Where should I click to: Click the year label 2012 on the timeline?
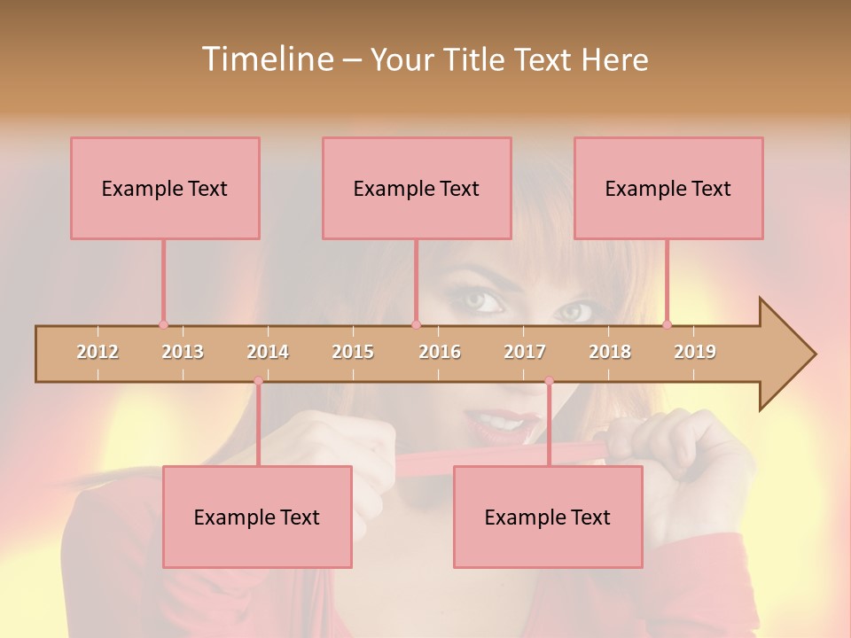coord(98,352)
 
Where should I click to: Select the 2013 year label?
coord(183,352)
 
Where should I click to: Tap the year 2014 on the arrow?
coord(268,352)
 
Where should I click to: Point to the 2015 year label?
coord(353,352)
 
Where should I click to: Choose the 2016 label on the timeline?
coord(440,352)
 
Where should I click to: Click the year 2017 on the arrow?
coord(525,352)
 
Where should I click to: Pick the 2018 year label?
coord(610,352)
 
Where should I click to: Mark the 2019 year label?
coord(695,352)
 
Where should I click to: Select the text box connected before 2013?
coord(165,188)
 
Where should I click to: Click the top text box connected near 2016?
coord(417,188)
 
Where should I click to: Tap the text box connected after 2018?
coord(668,188)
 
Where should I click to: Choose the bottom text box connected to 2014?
coord(257,517)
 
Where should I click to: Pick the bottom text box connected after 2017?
coord(548,517)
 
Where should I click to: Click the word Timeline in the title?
coord(266,59)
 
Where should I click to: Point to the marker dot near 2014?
coord(258,381)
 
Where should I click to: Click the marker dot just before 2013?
coord(163,325)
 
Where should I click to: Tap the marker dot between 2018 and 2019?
coord(667,325)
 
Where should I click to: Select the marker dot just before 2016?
coord(416,325)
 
